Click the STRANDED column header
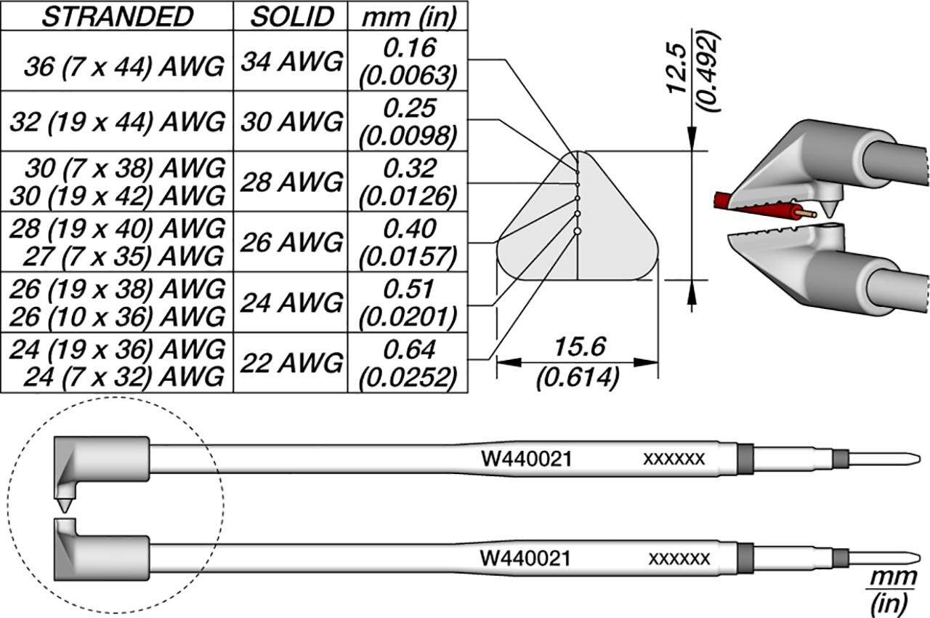click(117, 17)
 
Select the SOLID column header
click(291, 17)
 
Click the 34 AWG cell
click(291, 62)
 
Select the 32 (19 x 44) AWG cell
click(117, 122)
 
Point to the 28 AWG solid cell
click(291, 182)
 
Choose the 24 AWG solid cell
click(291, 302)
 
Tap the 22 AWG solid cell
click(291, 362)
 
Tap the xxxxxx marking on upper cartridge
click(674, 459)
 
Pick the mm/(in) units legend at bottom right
click(886, 589)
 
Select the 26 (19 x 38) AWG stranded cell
click(117, 289)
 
